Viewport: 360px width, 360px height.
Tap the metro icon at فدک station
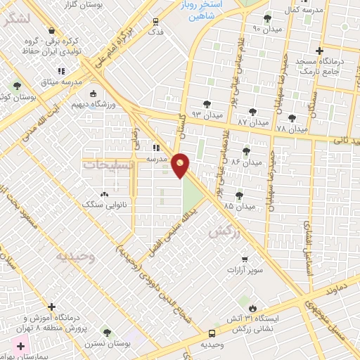[155, 21]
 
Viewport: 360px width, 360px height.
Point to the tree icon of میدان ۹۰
[266, 18]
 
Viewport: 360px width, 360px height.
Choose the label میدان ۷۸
[292, 129]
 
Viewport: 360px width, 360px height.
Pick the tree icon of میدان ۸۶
[246, 151]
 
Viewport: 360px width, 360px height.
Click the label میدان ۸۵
[238, 207]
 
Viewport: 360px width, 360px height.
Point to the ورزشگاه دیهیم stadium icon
[93, 94]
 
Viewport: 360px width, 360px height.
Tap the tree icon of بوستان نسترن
[106, 332]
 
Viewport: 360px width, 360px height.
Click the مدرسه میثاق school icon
[61, 72]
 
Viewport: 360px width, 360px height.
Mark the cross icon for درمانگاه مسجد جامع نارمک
[320, 51]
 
